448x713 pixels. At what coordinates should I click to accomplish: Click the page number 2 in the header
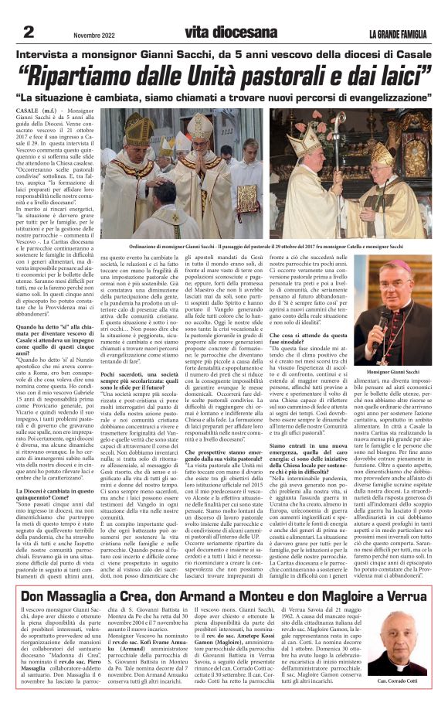pos(29,31)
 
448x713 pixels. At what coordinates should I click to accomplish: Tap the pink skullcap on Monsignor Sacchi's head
pos(401,265)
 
